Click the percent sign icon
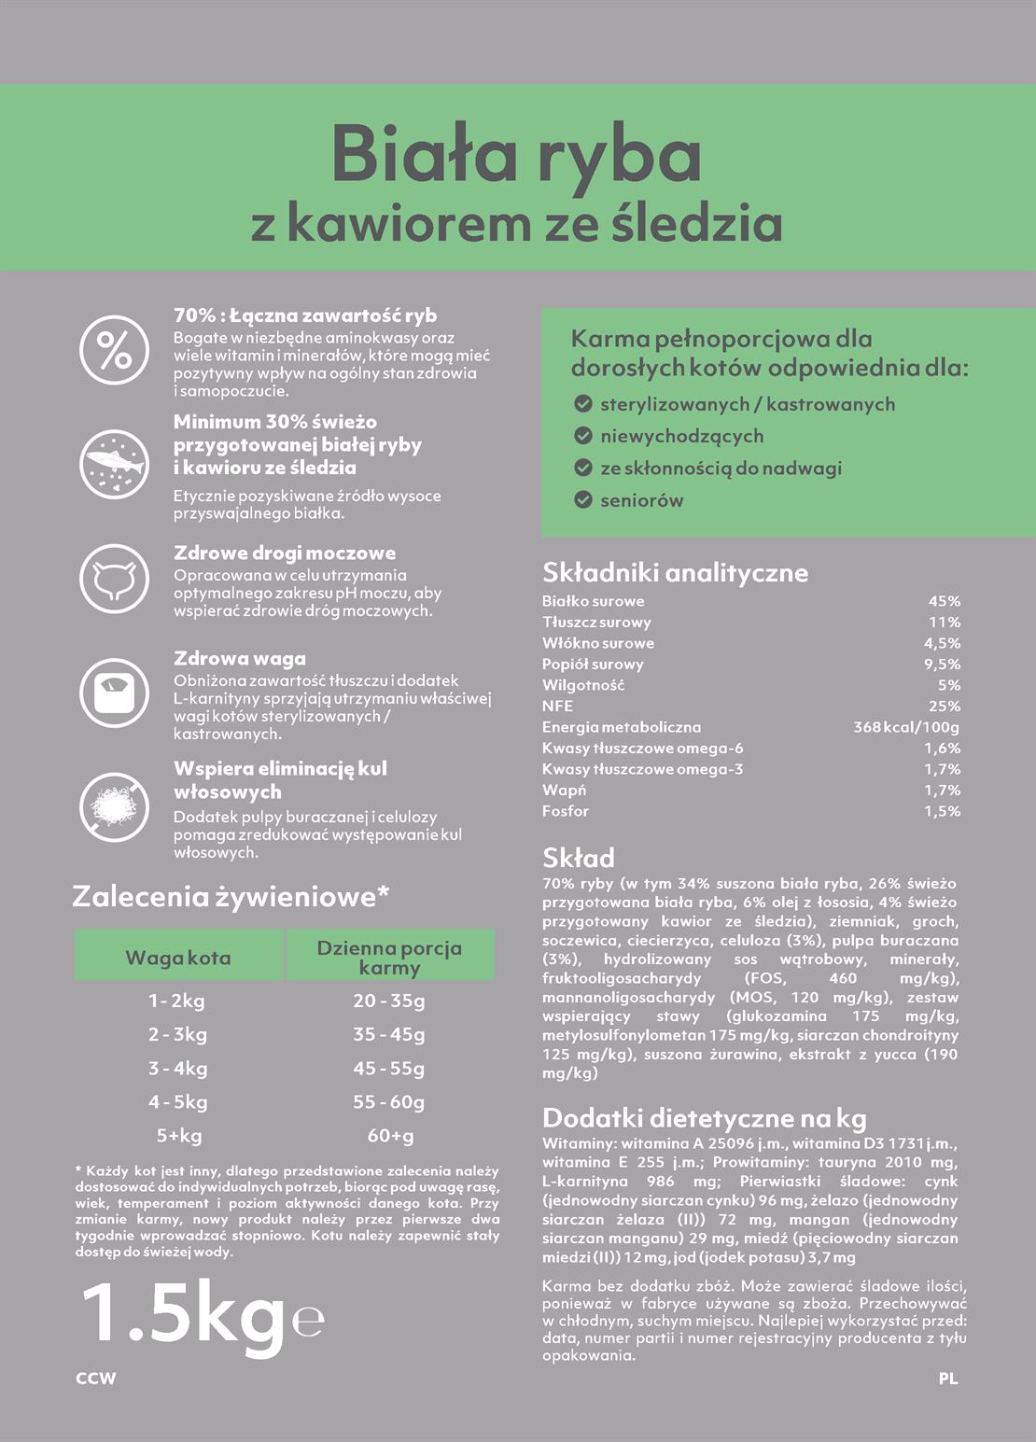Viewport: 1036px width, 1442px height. [114, 350]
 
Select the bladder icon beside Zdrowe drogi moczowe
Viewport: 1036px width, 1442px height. [114, 579]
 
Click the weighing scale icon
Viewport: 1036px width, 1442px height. [114, 693]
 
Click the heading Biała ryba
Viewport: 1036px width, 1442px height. [516, 156]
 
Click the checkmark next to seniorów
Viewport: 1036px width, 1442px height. [583, 500]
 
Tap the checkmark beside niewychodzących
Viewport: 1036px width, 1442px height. [583, 436]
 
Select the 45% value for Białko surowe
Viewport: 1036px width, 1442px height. [944, 601]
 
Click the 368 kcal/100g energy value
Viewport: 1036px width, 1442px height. [905, 727]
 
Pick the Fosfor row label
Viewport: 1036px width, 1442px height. [566, 811]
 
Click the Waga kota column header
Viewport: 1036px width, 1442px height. [178, 958]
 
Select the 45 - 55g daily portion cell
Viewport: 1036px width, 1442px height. [389, 1068]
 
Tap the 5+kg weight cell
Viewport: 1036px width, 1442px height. [179, 1136]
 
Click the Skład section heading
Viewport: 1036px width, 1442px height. [579, 858]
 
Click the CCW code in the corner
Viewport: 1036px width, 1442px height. [96, 1378]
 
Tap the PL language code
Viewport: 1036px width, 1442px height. [948, 1378]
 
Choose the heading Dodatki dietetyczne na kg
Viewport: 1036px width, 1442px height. [704, 1118]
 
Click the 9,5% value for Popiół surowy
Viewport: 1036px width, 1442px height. [942, 665]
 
